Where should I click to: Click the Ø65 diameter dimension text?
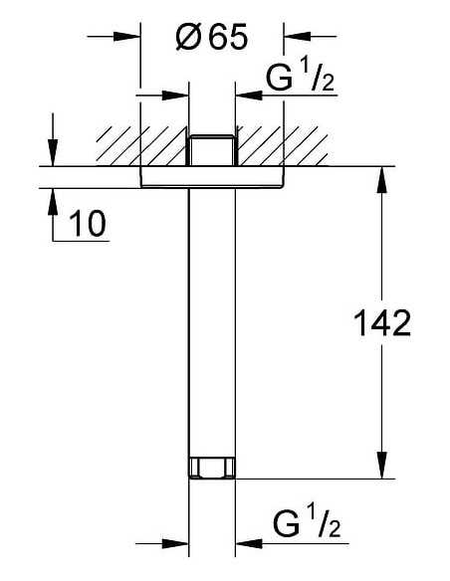point(211,37)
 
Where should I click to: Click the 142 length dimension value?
point(382,323)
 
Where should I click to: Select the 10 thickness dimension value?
point(88,223)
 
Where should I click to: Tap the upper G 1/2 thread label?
point(301,78)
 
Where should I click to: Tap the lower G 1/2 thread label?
point(307,523)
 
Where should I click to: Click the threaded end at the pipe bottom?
point(212,468)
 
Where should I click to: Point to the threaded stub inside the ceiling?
point(212,149)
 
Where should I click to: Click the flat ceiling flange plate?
point(212,177)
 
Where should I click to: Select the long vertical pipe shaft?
point(212,322)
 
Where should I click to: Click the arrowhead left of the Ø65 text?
point(126,36)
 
